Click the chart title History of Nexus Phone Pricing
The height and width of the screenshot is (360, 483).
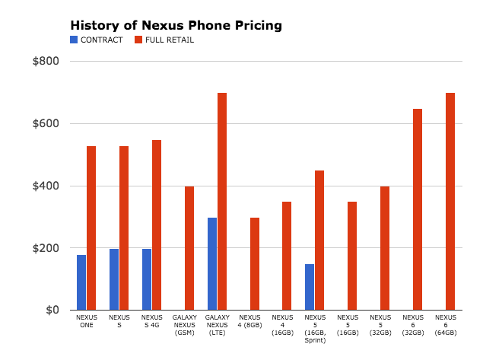click(x=176, y=25)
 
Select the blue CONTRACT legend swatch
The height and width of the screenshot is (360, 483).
click(x=74, y=40)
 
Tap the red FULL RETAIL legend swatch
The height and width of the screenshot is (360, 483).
click(x=138, y=40)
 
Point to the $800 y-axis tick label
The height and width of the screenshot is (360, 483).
click(x=45, y=61)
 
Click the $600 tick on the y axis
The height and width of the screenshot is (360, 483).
click(x=45, y=123)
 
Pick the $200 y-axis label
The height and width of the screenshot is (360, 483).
click(x=45, y=248)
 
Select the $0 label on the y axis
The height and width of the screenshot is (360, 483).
click(x=51, y=311)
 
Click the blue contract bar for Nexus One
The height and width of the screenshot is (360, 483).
click(x=81, y=282)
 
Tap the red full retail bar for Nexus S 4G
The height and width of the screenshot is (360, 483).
click(x=157, y=225)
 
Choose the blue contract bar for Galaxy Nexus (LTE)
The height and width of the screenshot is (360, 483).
click(x=212, y=264)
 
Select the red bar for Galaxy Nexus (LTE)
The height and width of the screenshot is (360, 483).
click(x=222, y=202)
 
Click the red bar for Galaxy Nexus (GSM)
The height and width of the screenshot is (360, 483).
click(x=189, y=248)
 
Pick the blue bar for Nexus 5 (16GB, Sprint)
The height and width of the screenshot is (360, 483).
click(x=310, y=287)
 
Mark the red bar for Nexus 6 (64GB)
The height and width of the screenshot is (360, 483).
click(x=450, y=202)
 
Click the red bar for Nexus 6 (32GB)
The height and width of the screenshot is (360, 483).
click(x=418, y=209)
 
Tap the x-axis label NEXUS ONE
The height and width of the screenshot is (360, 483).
click(x=87, y=320)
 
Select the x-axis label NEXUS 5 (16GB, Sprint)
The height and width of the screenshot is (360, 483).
click(x=315, y=328)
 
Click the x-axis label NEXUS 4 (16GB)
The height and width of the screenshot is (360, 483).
click(x=282, y=324)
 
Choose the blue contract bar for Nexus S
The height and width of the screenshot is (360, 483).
click(x=114, y=279)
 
